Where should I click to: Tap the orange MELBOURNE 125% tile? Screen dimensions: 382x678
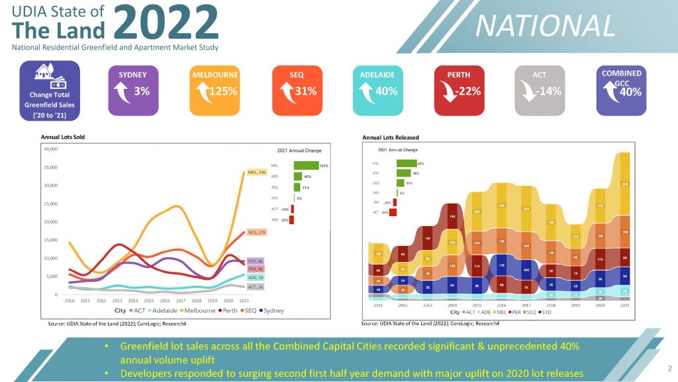[x=216, y=87]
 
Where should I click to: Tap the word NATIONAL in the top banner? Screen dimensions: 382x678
[x=546, y=26]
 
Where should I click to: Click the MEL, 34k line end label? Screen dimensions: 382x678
[x=256, y=172]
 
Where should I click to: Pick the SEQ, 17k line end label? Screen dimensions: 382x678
[x=256, y=233]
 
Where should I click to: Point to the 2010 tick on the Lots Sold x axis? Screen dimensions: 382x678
[x=69, y=300]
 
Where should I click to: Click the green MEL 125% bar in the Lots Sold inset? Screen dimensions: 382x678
[x=306, y=165]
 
